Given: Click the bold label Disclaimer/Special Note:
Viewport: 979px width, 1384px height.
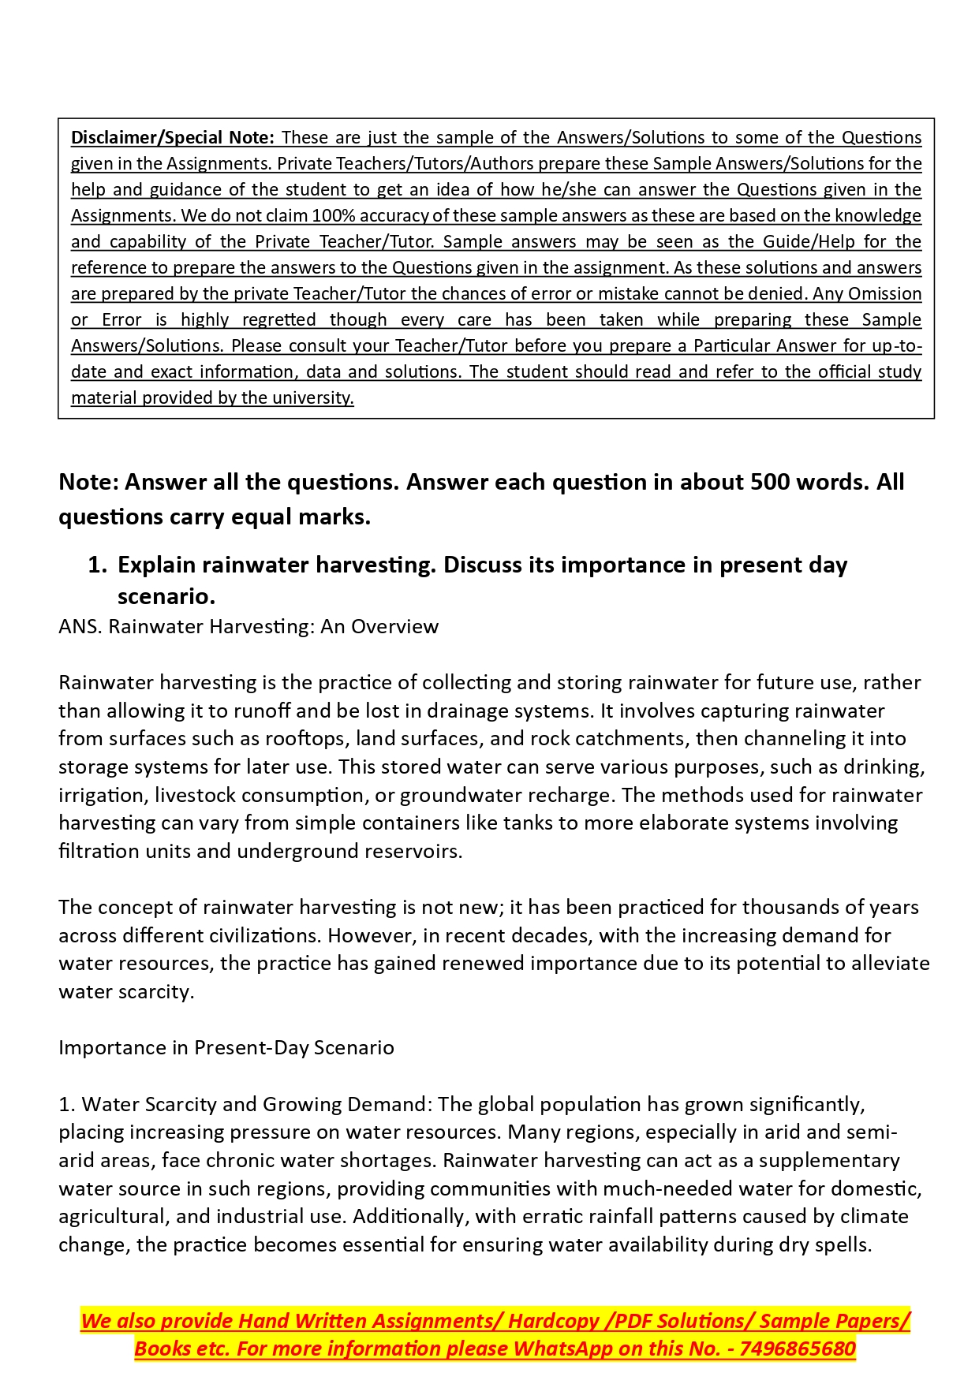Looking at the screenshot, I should [x=173, y=137].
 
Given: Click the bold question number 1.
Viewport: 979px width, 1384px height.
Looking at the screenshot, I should [x=96, y=565].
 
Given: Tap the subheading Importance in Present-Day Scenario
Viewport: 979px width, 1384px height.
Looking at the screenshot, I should [x=226, y=1047].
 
